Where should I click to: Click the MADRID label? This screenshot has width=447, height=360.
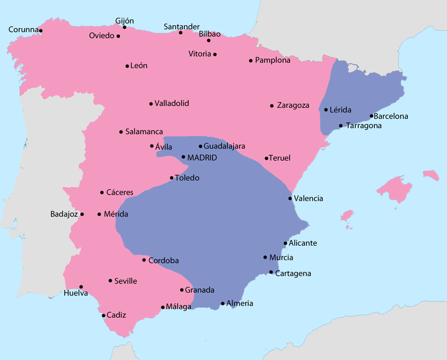(x=202, y=157)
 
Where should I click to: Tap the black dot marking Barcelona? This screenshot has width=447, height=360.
(x=372, y=116)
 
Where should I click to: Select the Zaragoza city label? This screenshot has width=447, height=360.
(x=293, y=105)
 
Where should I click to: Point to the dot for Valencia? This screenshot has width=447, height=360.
(x=290, y=199)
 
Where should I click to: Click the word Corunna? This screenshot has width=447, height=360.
(x=23, y=30)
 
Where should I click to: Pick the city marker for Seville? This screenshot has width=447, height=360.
(x=110, y=281)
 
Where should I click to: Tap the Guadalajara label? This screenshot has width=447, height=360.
(x=224, y=146)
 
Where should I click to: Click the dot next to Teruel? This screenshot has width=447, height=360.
(x=266, y=158)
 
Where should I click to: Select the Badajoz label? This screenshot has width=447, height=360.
(x=64, y=215)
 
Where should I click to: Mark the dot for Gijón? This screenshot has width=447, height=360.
(x=125, y=27)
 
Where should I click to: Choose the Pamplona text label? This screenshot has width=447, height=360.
(x=273, y=61)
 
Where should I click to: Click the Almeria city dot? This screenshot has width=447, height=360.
(x=223, y=303)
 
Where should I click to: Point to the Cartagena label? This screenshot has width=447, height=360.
(x=293, y=274)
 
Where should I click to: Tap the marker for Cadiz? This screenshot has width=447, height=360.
(x=103, y=315)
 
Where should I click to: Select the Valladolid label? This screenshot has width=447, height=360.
(x=172, y=104)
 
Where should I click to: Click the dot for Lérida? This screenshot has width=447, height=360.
(x=326, y=110)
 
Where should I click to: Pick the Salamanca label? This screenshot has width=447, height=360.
(x=144, y=132)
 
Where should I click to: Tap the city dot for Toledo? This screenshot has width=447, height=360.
(x=171, y=178)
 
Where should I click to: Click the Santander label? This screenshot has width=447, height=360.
(x=182, y=27)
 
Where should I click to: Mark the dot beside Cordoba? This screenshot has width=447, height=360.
(x=144, y=260)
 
